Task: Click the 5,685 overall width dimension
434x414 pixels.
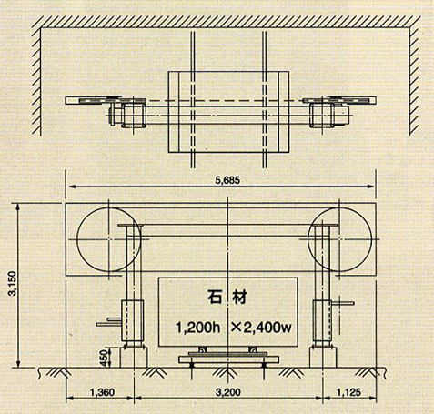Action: pyautogui.click(x=227, y=180)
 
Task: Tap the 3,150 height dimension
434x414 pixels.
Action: pyautogui.click(x=13, y=283)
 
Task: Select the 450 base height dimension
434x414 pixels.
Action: pyautogui.click(x=104, y=358)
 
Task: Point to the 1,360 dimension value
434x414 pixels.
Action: pyautogui.click(x=103, y=392)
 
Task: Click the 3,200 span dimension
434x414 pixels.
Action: pyautogui.click(x=228, y=392)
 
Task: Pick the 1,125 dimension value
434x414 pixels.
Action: pyautogui.click(x=348, y=392)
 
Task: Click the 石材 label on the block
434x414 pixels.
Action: pyautogui.click(x=227, y=298)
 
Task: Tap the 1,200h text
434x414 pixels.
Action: pyautogui.click(x=198, y=328)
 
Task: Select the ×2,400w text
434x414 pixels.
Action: pyautogui.click(x=261, y=328)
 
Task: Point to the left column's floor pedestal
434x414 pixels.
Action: pyautogui.click(x=134, y=358)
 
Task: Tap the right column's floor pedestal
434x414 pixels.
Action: pyautogui.click(x=323, y=358)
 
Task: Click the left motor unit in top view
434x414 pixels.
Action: pyautogui.click(x=128, y=115)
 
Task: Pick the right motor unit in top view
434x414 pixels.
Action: pyautogui.click(x=329, y=115)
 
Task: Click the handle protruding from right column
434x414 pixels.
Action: pyautogui.click(x=343, y=303)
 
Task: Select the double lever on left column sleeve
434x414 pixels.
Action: pyautogui.click(x=109, y=322)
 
